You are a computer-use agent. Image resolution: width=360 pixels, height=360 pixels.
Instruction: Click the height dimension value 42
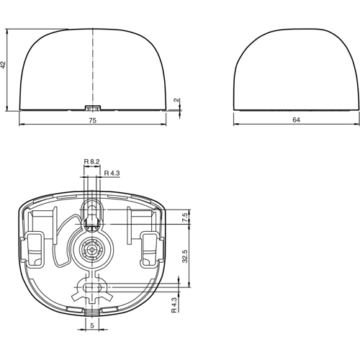pos(4,65)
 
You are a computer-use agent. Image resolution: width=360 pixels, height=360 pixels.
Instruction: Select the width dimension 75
pos(93,121)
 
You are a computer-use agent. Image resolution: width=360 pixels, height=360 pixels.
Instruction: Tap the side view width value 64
pos(296,121)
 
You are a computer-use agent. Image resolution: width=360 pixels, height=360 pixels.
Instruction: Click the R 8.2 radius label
pos(91,161)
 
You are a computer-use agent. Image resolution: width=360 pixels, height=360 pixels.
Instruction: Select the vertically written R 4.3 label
pos(174,305)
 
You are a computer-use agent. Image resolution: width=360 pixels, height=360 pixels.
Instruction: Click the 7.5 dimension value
pos(185,217)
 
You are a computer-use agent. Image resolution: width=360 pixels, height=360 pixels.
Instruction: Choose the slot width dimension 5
pos(92,325)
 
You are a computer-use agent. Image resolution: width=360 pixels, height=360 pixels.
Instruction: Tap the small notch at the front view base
pos(92,107)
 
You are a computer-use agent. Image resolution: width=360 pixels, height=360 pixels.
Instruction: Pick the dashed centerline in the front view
pos(92,65)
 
